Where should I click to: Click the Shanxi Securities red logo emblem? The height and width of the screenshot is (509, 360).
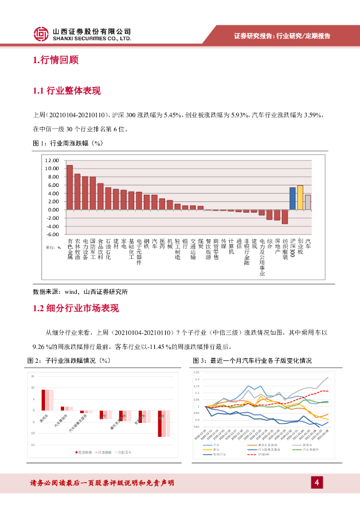pyautogui.click(x=42, y=34)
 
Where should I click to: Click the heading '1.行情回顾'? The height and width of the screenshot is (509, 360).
pyautogui.click(x=56, y=61)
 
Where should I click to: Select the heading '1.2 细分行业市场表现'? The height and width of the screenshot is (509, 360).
pyautogui.click(x=76, y=308)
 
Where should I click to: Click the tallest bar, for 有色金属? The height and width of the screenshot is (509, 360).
pyautogui.click(x=70, y=187)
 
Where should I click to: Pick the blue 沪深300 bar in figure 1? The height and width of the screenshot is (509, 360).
pyautogui.click(x=292, y=198)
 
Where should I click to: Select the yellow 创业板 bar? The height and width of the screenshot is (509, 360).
pyautogui.click(x=300, y=197)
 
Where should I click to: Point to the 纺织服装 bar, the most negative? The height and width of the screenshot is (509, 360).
pyautogui.click(x=285, y=217)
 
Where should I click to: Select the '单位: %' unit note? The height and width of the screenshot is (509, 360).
pyautogui.click(x=53, y=247)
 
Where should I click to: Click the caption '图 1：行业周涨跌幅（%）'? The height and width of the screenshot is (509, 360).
pyautogui.click(x=67, y=143)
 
